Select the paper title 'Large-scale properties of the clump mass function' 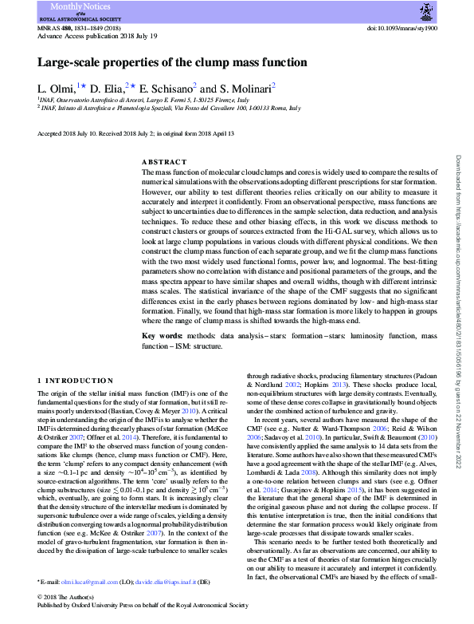coord(172,62)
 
